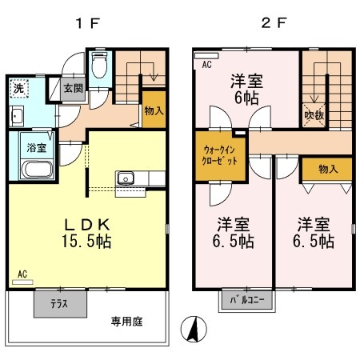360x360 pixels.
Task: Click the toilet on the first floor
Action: point(99,65)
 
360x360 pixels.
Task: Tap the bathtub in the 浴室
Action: point(37,170)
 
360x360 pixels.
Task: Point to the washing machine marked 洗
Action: point(19,88)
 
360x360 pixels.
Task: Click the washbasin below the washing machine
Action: point(17,116)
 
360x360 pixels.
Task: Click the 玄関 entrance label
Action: point(74,88)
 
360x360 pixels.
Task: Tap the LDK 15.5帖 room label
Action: point(86,234)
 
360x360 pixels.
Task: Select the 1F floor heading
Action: point(87,23)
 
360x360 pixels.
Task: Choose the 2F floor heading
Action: point(274,23)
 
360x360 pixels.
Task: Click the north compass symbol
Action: point(194,329)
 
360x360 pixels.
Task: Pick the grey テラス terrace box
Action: point(60,304)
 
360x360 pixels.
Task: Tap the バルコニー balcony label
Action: point(247,300)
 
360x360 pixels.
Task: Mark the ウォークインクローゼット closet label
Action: point(220,155)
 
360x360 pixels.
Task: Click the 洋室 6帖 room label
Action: point(247,90)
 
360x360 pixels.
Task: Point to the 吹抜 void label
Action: point(314,115)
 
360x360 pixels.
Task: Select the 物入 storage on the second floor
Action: point(327,169)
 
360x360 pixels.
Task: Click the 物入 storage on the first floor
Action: point(154,110)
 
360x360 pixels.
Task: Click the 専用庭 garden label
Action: point(126,322)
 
